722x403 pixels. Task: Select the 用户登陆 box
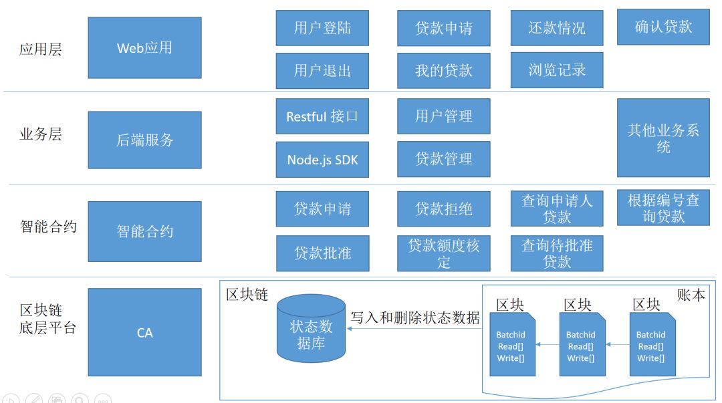pyautogui.click(x=322, y=28)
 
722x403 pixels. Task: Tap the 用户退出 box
pyautogui.click(x=322, y=70)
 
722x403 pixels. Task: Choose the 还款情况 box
pyautogui.click(x=557, y=28)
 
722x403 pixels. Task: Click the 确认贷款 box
pyautogui.click(x=663, y=27)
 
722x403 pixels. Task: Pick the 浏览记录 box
pyautogui.click(x=557, y=70)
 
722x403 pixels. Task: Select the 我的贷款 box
pyautogui.click(x=444, y=70)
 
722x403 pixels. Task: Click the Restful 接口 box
pyautogui.click(x=322, y=116)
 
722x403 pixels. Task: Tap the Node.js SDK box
pyautogui.click(x=322, y=159)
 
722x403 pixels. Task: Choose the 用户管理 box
pyautogui.click(x=444, y=116)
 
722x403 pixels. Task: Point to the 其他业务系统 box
pyautogui.click(x=663, y=138)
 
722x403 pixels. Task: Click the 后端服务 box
pyautogui.click(x=144, y=140)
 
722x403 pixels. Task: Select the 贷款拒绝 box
pyautogui.click(x=444, y=209)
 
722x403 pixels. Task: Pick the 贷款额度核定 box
pyautogui.click(x=444, y=253)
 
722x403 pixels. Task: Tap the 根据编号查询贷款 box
pyautogui.click(x=663, y=208)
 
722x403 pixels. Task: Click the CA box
pyautogui.click(x=144, y=332)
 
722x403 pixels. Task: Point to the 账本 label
pyautogui.click(x=690, y=295)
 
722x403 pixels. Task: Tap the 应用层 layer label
pyautogui.click(x=40, y=49)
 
